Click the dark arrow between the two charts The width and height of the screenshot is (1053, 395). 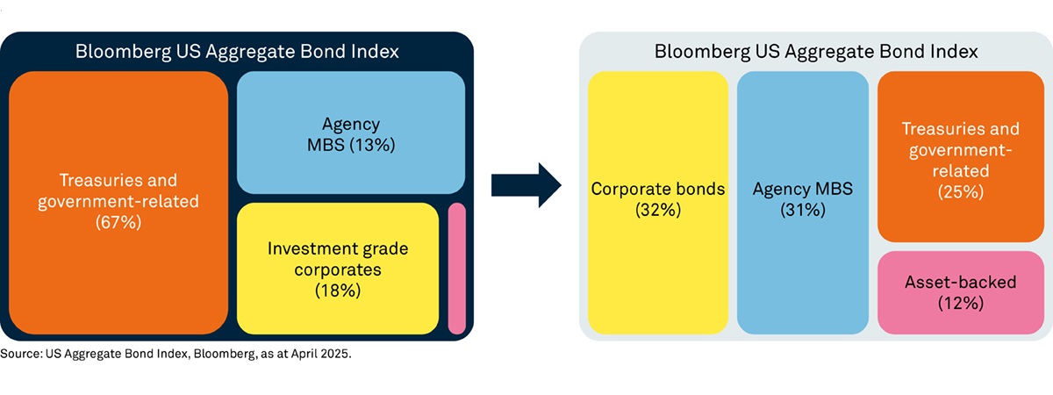(x=526, y=185)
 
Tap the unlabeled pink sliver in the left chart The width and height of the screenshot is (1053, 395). (x=457, y=269)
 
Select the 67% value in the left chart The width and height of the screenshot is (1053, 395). (x=118, y=222)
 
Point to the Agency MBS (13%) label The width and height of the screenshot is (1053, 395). (x=351, y=134)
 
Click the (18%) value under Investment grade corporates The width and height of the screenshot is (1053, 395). (x=338, y=291)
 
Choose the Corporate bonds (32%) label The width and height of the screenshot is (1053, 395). (x=658, y=199)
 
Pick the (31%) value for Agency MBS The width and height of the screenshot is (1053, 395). (x=803, y=210)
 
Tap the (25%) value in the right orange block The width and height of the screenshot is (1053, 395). (x=961, y=192)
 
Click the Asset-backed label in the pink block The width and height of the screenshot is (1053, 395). (x=961, y=282)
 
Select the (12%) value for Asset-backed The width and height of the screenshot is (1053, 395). (x=961, y=304)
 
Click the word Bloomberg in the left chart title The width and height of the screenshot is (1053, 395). (x=123, y=52)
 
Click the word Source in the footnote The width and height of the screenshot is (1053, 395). (x=21, y=354)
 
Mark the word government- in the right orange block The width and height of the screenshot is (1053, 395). (x=960, y=150)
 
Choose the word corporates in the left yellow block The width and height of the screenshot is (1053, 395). (x=338, y=270)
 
